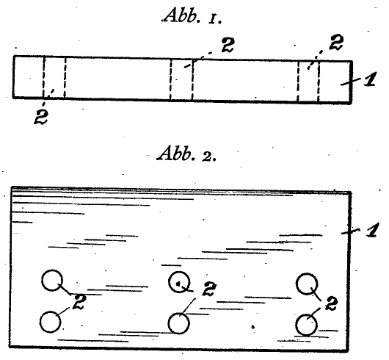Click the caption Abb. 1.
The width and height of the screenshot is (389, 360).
[x=192, y=17]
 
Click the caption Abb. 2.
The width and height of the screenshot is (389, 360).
[x=186, y=154]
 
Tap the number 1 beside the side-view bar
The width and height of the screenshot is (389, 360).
[x=370, y=79]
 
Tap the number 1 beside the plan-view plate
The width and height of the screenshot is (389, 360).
[x=373, y=230]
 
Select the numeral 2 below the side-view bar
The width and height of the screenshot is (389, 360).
[x=41, y=117]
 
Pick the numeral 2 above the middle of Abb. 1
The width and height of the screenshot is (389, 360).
[x=228, y=45]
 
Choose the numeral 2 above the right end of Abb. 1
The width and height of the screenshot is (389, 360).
[x=336, y=43]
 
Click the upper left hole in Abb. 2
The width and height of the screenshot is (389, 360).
[x=52, y=281]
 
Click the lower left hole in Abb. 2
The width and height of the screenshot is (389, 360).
[x=50, y=322]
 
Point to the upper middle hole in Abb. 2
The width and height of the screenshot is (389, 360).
[x=179, y=282]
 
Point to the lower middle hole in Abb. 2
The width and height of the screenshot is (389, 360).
[x=179, y=323]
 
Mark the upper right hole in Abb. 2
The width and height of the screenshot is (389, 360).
[x=307, y=284]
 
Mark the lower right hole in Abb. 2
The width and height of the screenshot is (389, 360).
[x=307, y=325]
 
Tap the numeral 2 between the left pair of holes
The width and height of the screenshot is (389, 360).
[x=79, y=302]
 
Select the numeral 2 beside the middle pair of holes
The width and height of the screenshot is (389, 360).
[x=209, y=289]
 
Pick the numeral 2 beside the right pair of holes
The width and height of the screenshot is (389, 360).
[x=331, y=303]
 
